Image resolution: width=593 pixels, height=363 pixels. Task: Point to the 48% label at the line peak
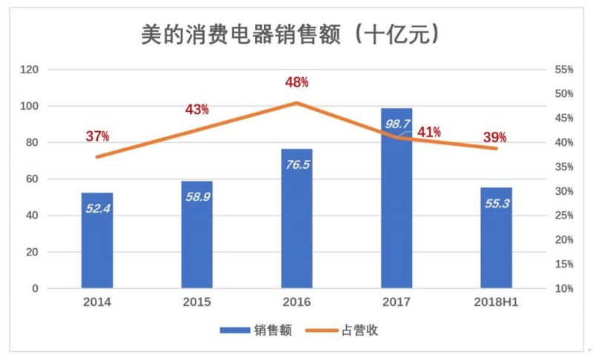click(296, 81)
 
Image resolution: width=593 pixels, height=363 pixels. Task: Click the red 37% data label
click(97, 136)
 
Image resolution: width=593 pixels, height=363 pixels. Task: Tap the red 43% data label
click(196, 110)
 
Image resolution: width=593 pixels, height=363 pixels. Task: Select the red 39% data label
click(494, 137)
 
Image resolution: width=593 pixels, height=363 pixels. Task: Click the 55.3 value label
click(496, 204)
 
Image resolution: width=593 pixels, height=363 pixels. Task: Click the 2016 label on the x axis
click(296, 302)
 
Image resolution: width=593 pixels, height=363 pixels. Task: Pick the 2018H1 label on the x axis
click(496, 302)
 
